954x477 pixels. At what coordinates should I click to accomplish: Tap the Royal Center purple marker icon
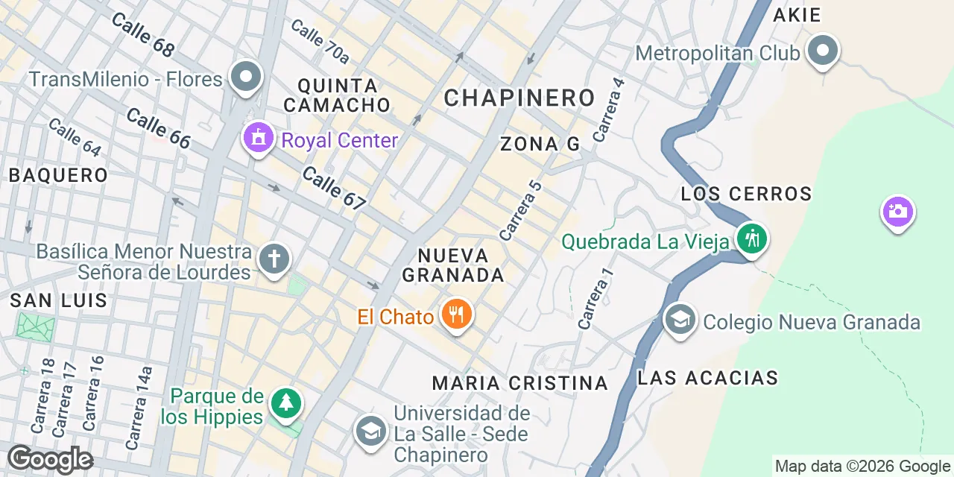coord(259,138)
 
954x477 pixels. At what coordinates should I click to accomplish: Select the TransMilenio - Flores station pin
coord(245,78)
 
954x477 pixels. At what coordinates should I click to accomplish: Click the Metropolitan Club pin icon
coord(824,51)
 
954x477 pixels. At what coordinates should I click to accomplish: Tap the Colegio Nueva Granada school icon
coord(679,321)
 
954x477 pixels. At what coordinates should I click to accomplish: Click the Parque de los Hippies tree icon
coord(285,404)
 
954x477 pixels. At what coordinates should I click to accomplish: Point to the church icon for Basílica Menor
coord(274,260)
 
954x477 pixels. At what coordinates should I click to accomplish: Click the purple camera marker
coord(897,212)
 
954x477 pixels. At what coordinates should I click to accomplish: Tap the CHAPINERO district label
coord(519,97)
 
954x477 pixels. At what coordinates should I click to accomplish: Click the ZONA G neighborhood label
coord(540,144)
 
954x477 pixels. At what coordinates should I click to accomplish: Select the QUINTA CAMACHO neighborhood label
coord(337,95)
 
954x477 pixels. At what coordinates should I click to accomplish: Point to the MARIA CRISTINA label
coord(520,383)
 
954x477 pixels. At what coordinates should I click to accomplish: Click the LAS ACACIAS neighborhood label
coord(707,378)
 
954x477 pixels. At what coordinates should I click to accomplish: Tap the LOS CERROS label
coord(746,194)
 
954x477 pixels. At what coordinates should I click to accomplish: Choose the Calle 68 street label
coord(142,34)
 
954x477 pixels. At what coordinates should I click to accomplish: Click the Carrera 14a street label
coord(138,407)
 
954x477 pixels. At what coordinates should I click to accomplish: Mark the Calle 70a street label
coord(320,40)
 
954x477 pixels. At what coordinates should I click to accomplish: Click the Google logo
coord(50,460)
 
